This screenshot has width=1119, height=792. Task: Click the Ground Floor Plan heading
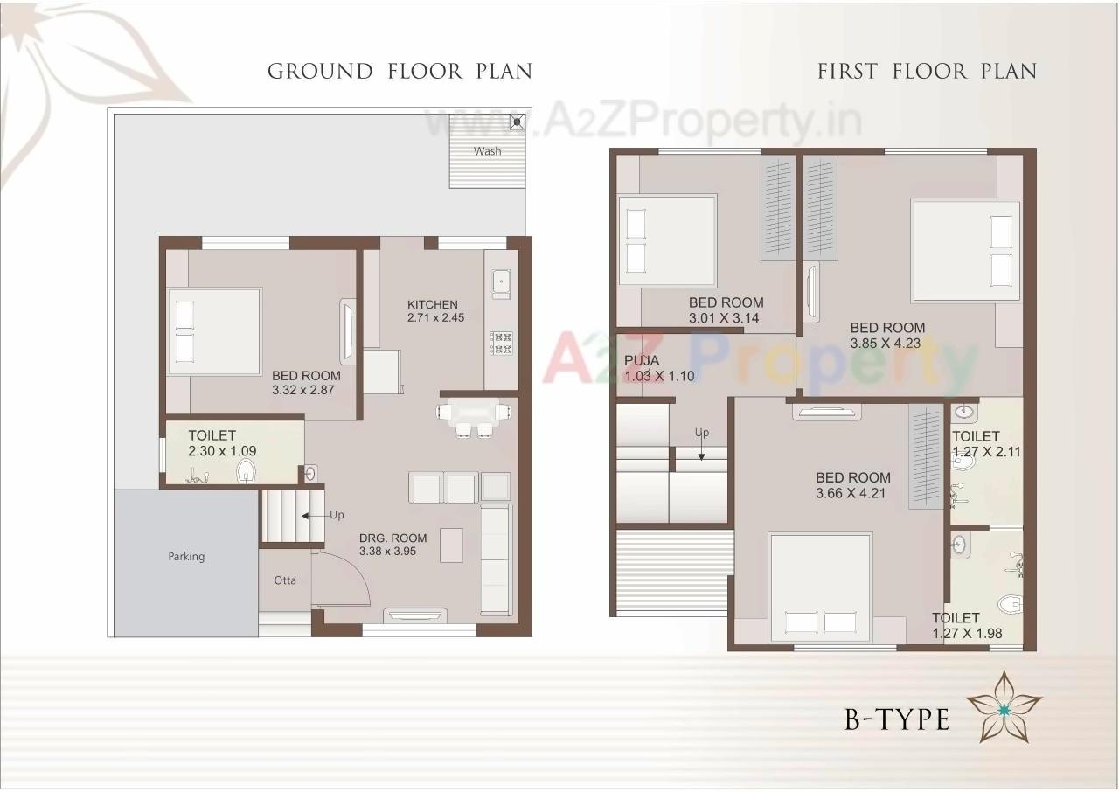click(400, 71)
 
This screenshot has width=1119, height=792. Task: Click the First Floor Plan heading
click(927, 71)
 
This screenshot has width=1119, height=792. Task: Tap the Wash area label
click(488, 151)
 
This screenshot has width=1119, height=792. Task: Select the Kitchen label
click(432, 304)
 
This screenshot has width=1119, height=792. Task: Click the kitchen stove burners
click(501, 342)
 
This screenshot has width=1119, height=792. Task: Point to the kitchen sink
click(501, 281)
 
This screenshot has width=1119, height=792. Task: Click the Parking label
click(186, 556)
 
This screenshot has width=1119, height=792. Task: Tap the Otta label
click(285, 580)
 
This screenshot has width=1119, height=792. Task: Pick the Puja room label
click(642, 360)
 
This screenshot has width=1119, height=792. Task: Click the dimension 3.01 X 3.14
click(726, 318)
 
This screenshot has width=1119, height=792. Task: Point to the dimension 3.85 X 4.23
click(886, 343)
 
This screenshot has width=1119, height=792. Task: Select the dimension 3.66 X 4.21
click(853, 493)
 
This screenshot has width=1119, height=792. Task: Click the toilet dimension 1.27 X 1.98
click(967, 634)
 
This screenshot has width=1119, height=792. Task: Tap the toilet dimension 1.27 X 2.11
click(986, 452)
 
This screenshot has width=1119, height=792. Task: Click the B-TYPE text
click(896, 719)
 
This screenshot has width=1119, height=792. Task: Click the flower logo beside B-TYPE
click(1004, 706)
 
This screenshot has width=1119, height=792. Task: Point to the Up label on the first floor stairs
click(701, 433)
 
